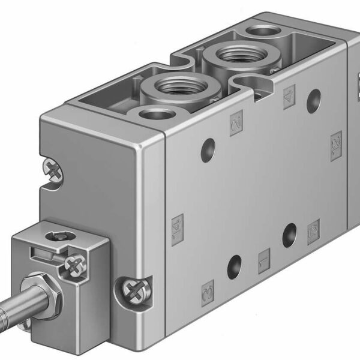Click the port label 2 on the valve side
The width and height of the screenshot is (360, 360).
coord(236,125)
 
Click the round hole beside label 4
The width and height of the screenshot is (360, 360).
coord(312,101)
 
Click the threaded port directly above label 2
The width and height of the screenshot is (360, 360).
coord(166,88)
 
